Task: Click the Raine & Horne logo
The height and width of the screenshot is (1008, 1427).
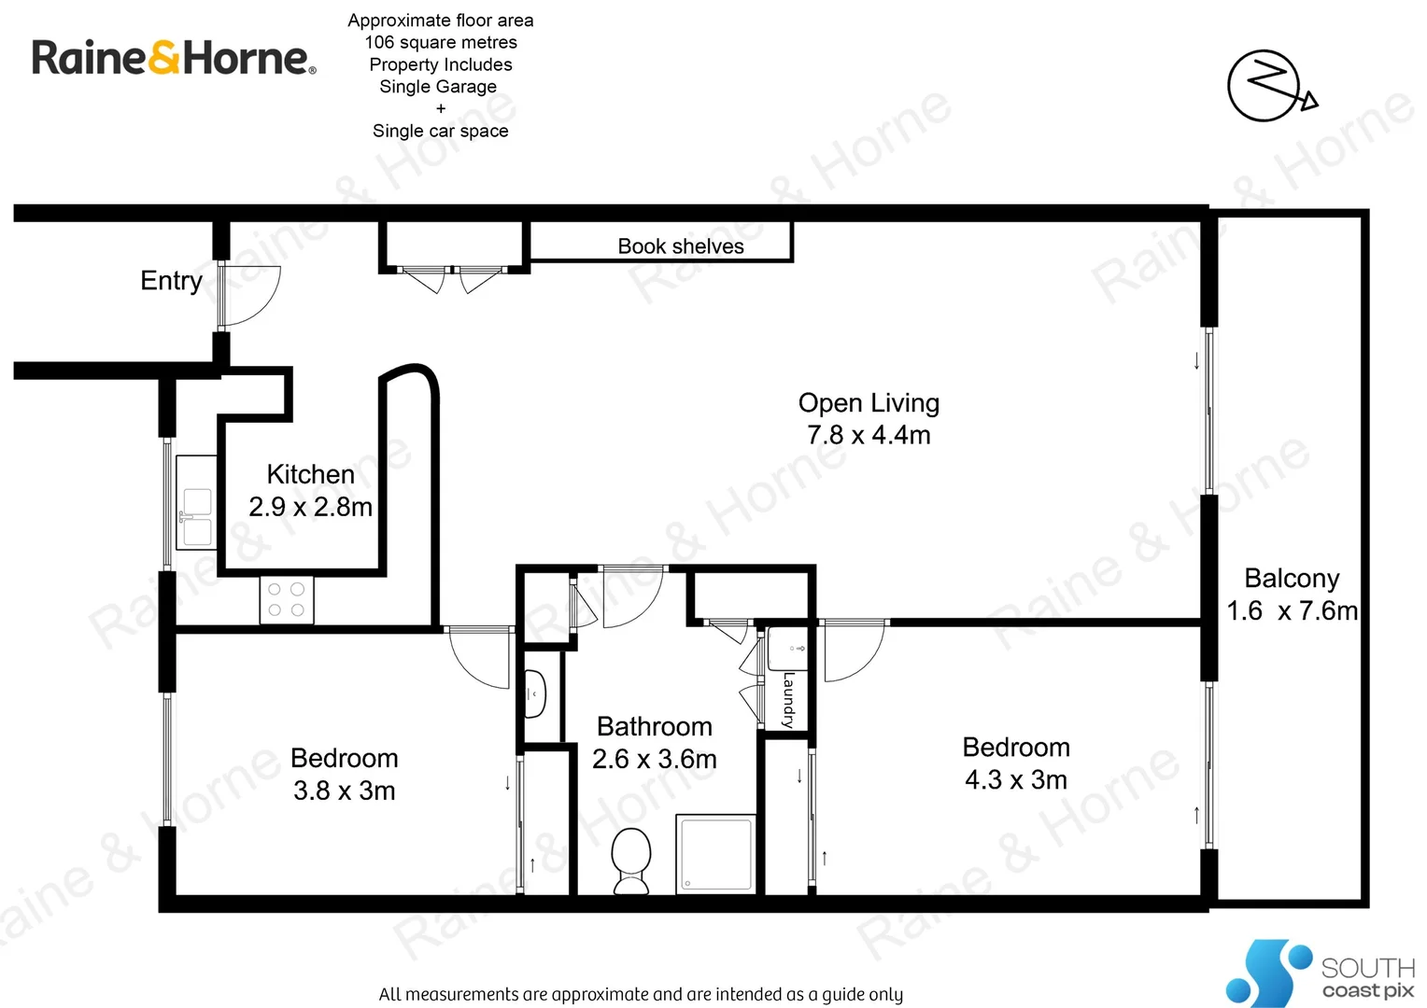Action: click(x=174, y=58)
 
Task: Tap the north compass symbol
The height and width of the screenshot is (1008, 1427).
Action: click(x=1268, y=86)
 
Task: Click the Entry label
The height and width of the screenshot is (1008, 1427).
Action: click(x=171, y=280)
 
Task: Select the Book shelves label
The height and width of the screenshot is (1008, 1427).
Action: click(x=681, y=246)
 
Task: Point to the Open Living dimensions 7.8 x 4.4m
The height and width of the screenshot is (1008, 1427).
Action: click(x=869, y=435)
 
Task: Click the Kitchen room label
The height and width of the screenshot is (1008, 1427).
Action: click(x=310, y=474)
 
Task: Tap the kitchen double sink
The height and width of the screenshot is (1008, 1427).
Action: click(x=196, y=516)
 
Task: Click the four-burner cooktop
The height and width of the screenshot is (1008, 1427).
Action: click(x=286, y=600)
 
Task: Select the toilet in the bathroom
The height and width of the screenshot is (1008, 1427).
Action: click(x=631, y=860)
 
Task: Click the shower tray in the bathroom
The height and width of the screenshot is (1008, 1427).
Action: click(x=715, y=853)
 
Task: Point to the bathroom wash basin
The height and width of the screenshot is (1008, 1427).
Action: click(x=534, y=693)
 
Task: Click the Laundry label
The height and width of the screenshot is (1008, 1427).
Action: click(x=789, y=699)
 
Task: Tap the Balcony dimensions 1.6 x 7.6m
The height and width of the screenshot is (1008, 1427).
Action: click(x=1292, y=611)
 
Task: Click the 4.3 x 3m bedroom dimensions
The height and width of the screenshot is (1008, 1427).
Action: click(x=1016, y=780)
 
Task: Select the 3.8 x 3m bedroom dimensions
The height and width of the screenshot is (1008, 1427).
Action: click(x=344, y=791)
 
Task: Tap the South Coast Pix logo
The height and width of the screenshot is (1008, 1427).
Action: click(x=1321, y=973)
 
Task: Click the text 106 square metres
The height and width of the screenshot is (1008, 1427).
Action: click(x=441, y=42)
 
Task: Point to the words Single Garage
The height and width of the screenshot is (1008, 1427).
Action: click(x=438, y=87)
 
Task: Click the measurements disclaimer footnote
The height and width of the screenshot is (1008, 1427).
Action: click(x=641, y=994)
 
